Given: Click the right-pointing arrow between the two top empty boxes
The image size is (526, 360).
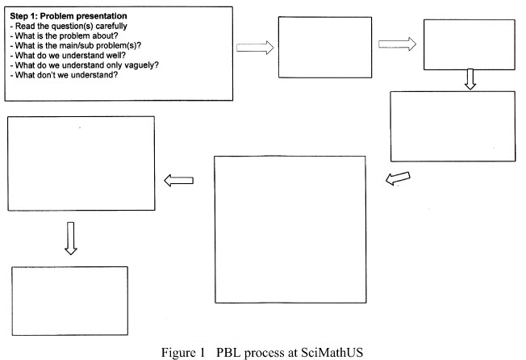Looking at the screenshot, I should coord(397,44).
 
